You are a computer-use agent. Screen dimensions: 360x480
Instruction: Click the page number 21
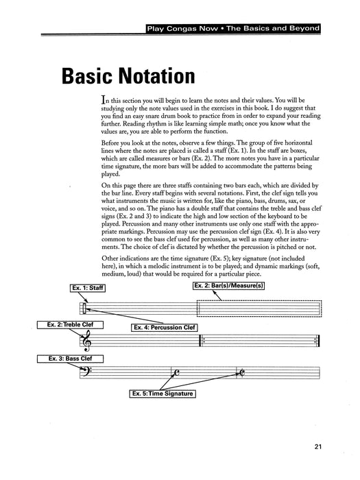[x=319, y=448]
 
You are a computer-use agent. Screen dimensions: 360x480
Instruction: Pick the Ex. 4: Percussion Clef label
[x=165, y=328]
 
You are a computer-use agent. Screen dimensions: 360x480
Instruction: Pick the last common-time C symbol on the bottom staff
[x=241, y=373]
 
